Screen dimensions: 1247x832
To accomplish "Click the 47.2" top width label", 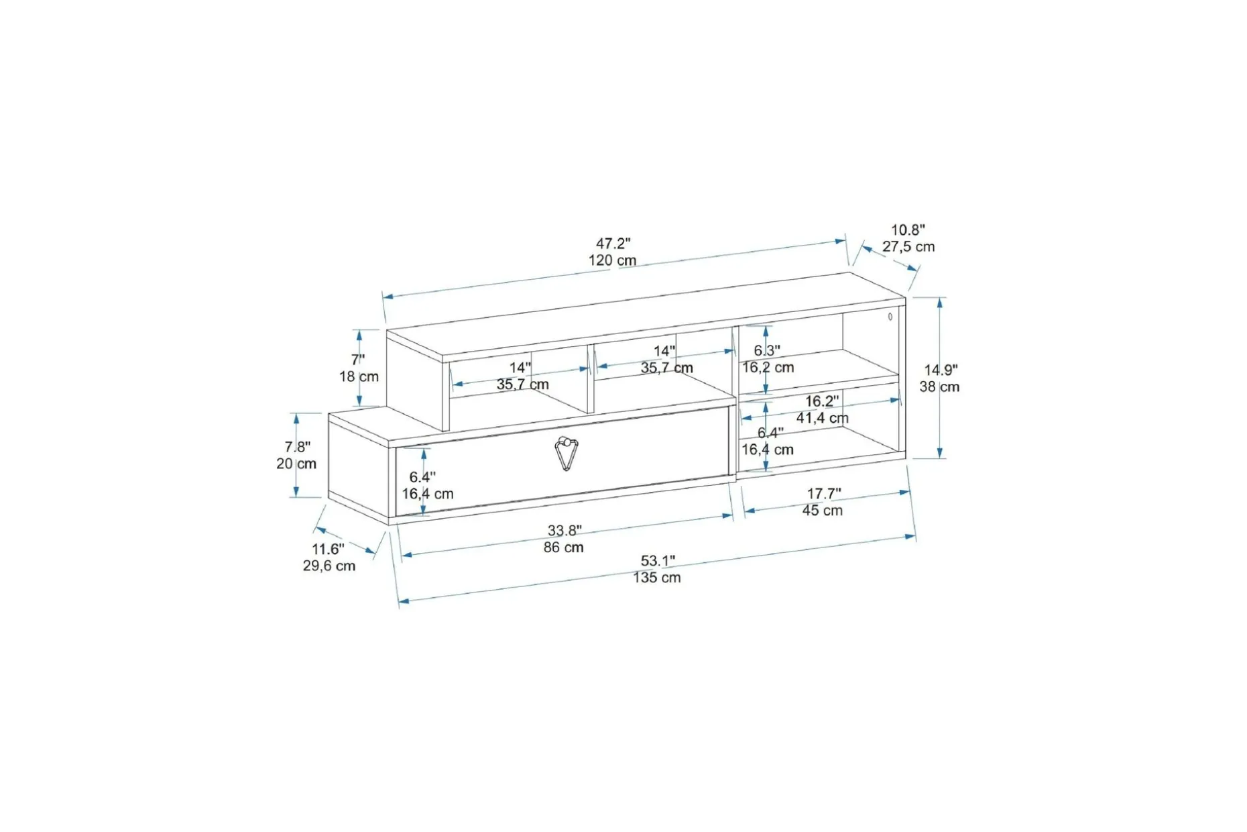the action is [613, 243].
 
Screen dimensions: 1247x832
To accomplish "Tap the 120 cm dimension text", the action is [613, 260].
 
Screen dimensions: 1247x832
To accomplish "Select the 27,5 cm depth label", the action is [908, 246].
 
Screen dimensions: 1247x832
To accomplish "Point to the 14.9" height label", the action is [941, 370].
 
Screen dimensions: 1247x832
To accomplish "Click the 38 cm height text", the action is [939, 386].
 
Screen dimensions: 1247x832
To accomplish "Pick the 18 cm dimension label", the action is [359, 376].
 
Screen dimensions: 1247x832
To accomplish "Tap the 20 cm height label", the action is [296, 464].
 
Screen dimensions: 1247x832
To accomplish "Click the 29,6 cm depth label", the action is [329, 566].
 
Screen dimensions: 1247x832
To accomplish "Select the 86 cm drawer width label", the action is [564, 548].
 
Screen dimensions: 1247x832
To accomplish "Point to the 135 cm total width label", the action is [657, 578].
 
